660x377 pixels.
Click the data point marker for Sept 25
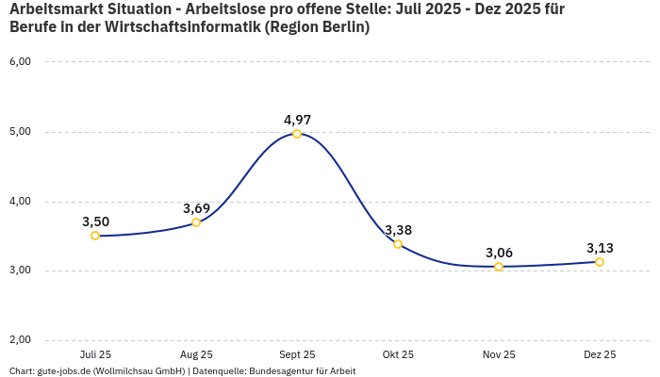point(297,134)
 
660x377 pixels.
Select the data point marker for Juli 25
point(95,236)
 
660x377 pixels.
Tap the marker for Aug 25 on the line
point(196,222)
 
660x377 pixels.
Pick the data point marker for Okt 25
point(398,244)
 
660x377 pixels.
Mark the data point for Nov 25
point(499,267)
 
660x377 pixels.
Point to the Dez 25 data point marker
point(600,262)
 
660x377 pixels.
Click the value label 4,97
point(297,120)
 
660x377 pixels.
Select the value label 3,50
point(95,221)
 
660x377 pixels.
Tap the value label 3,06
point(499,253)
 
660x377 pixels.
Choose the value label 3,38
point(398,230)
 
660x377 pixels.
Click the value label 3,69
point(196,208)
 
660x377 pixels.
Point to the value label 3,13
point(600,248)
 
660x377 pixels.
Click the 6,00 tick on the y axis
point(20,61)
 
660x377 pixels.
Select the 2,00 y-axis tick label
point(20,340)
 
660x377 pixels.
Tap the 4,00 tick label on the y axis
point(20,201)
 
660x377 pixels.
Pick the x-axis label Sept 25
point(297,354)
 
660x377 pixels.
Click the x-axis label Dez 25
point(600,354)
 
